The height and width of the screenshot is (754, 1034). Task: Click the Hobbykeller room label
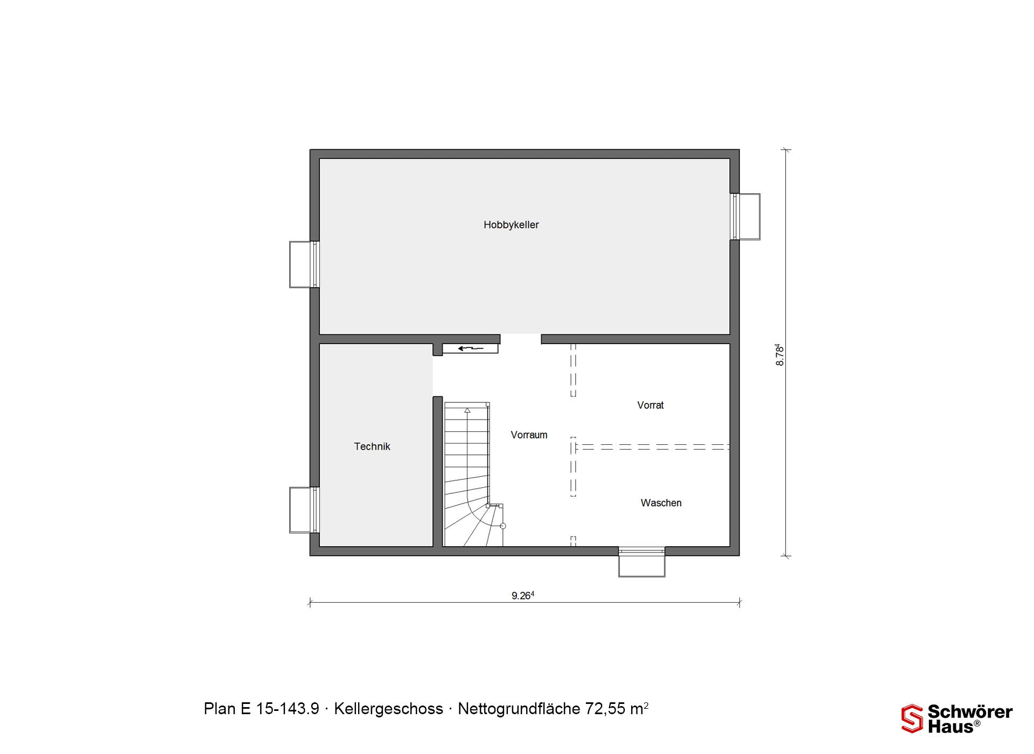[x=511, y=225]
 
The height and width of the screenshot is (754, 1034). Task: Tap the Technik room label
[x=372, y=446]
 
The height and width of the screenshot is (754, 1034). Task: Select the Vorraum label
[x=529, y=435]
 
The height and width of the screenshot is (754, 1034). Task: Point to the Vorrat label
[x=651, y=406]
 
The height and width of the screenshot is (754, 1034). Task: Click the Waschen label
[x=661, y=503]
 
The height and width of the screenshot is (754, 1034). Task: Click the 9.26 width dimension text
[x=523, y=595]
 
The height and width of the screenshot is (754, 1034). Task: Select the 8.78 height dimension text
[x=779, y=355]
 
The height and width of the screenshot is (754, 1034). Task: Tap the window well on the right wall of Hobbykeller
[x=745, y=217]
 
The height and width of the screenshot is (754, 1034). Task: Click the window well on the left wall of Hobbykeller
[x=304, y=264]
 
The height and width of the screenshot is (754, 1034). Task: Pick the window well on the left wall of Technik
[x=304, y=510]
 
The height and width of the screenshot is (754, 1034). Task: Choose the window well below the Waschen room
[x=641, y=562]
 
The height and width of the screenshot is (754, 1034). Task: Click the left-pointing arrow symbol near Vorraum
[x=471, y=348]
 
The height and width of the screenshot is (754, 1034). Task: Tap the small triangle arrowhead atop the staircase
[x=467, y=410]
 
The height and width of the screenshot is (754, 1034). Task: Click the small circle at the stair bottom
[x=503, y=526]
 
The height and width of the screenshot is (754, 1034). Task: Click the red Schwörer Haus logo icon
[x=912, y=718]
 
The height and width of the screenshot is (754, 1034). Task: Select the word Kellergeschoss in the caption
[x=388, y=709]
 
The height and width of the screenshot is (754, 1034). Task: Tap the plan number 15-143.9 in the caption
[x=288, y=709]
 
